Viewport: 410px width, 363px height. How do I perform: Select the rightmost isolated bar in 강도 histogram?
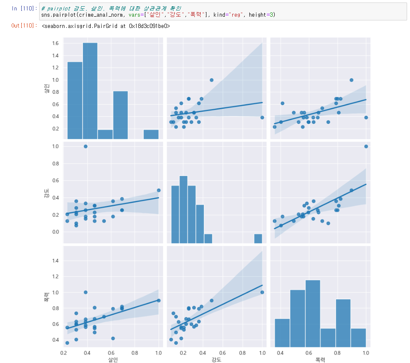click(x=258, y=238)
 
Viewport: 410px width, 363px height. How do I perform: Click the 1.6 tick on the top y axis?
click(x=55, y=43)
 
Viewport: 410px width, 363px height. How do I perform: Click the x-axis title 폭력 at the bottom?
click(x=320, y=359)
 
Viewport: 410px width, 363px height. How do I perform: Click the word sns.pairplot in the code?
click(x=57, y=15)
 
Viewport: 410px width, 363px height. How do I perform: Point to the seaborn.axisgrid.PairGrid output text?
click(x=106, y=26)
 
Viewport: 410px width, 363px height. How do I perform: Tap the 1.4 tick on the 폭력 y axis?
click(x=55, y=260)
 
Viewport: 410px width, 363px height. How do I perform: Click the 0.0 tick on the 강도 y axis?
click(x=55, y=232)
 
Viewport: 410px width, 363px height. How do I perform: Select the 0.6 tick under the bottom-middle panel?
click(x=222, y=353)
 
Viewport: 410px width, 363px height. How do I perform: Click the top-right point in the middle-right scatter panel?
click(x=366, y=146)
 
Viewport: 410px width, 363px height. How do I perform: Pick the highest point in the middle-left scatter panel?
click(x=85, y=146)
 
